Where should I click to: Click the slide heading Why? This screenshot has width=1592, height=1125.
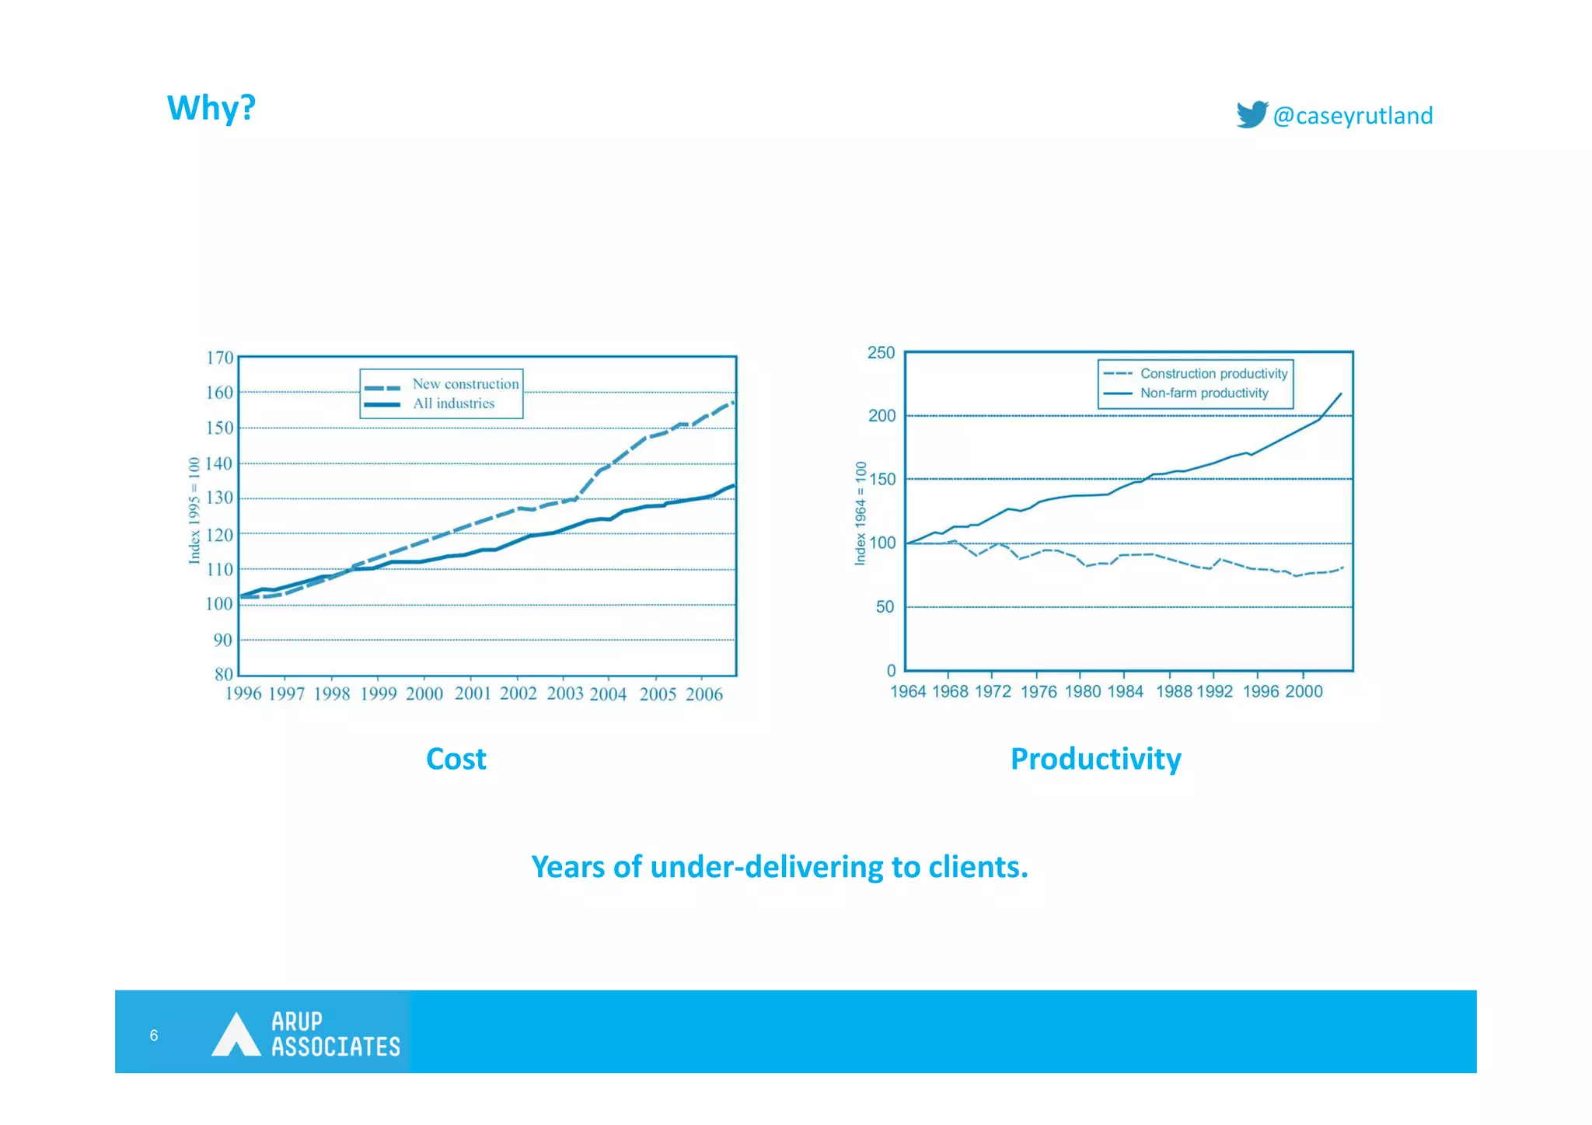tap(211, 107)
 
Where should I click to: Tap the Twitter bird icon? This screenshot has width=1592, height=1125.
tap(1252, 114)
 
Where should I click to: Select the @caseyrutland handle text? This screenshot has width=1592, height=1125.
tap(1353, 116)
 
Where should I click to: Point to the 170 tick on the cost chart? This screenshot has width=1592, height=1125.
tap(219, 358)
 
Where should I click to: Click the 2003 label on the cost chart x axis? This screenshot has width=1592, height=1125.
tap(564, 694)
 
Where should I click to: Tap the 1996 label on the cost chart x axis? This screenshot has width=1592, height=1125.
tap(243, 694)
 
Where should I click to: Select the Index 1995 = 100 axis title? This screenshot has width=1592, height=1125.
tap(194, 510)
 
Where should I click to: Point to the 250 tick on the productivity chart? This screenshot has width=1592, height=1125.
tap(881, 353)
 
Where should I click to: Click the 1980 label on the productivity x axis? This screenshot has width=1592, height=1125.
tap(1082, 692)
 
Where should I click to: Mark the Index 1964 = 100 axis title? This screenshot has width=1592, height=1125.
tap(861, 513)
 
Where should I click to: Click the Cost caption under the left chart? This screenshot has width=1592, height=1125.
tap(456, 759)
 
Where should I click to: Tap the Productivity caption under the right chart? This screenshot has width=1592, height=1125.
tap(1095, 759)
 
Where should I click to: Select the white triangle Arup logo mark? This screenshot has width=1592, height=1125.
tap(236, 1036)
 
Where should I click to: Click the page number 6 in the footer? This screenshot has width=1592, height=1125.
tap(154, 1036)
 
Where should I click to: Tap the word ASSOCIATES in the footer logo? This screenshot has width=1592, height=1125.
tap(336, 1047)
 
